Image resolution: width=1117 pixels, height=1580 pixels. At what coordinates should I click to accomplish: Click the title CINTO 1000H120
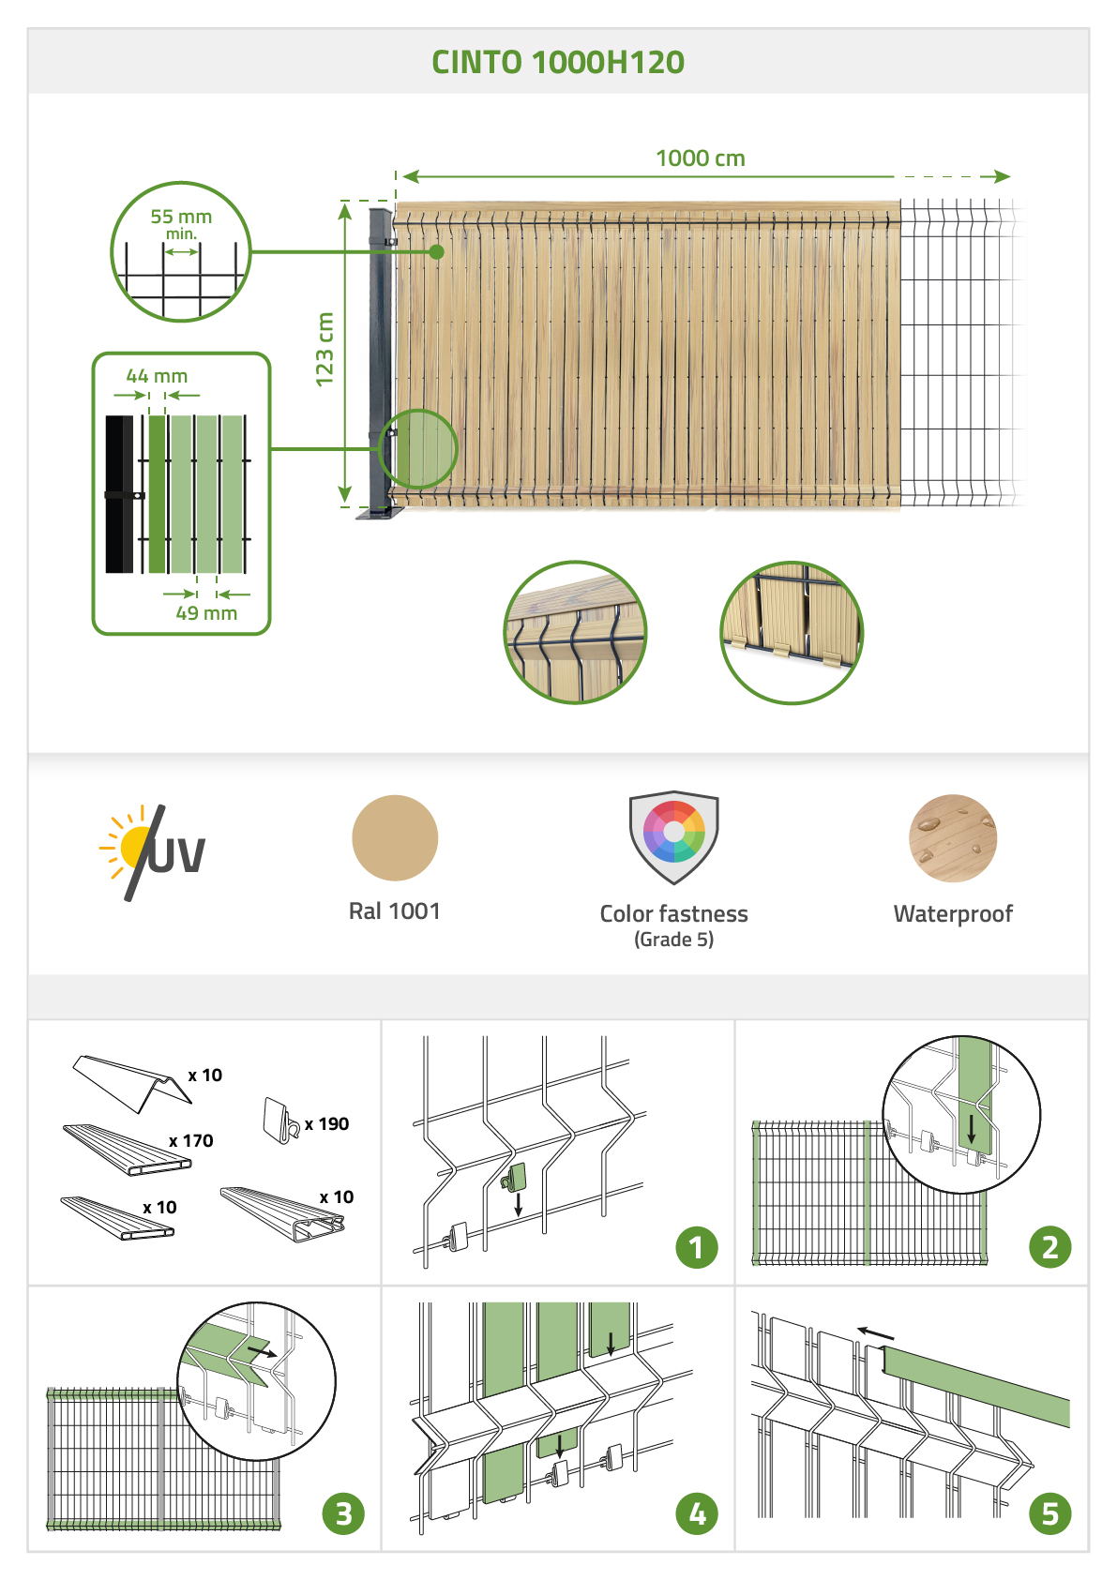coord(557,62)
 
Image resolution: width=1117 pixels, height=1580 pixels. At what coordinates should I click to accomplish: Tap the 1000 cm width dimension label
coord(700,158)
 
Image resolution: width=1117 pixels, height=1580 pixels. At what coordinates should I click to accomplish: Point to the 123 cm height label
coord(324,349)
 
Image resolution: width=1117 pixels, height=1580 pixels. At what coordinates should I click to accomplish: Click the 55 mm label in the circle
coord(181,217)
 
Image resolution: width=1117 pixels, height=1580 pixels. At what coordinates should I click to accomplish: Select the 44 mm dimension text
coord(157,376)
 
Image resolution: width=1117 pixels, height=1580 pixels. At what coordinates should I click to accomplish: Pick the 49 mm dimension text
coord(206,613)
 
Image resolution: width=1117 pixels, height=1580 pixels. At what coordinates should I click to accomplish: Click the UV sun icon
coord(153,852)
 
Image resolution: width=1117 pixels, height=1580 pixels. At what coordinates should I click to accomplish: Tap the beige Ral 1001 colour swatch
coord(395,838)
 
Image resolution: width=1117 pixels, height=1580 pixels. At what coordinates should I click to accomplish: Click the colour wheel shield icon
coord(674,836)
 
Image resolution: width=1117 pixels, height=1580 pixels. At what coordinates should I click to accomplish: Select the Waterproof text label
coord(953,913)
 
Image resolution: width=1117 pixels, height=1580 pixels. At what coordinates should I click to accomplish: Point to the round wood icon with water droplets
coord(953,838)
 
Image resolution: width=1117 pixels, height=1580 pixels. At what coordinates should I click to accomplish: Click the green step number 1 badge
coord(697,1247)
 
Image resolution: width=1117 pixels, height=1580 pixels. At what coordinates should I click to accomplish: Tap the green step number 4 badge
coord(697,1513)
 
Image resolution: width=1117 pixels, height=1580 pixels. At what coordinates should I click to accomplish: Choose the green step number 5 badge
coord(1050,1513)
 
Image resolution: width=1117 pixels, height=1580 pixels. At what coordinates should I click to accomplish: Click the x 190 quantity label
coord(326,1123)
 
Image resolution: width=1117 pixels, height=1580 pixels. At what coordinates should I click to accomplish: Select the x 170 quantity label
coord(190,1140)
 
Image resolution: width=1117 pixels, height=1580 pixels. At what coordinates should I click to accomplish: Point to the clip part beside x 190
coord(280,1121)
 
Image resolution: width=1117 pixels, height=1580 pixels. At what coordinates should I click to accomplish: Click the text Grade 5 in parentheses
coord(674,940)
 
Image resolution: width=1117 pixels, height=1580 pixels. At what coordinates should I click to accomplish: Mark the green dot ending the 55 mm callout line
coord(437,252)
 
